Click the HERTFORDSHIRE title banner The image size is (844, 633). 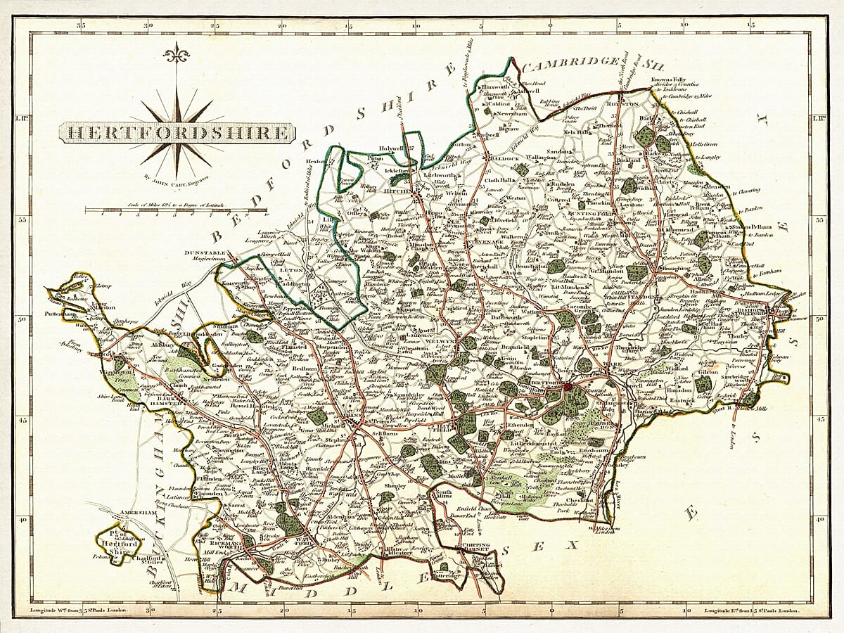point(175,132)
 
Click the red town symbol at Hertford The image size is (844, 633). point(568,386)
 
